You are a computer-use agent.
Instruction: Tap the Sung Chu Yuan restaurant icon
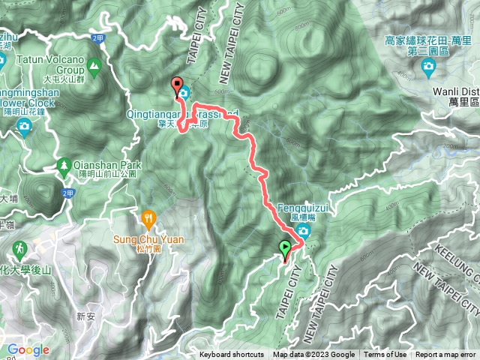[x=148, y=218]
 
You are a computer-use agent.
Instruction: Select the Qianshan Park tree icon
[x=64, y=165]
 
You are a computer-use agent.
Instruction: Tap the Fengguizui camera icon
[x=303, y=229]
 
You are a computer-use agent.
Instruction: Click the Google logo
[x=27, y=349]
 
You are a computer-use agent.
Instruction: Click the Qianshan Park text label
[x=105, y=164]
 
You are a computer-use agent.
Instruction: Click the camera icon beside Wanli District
[x=427, y=67]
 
